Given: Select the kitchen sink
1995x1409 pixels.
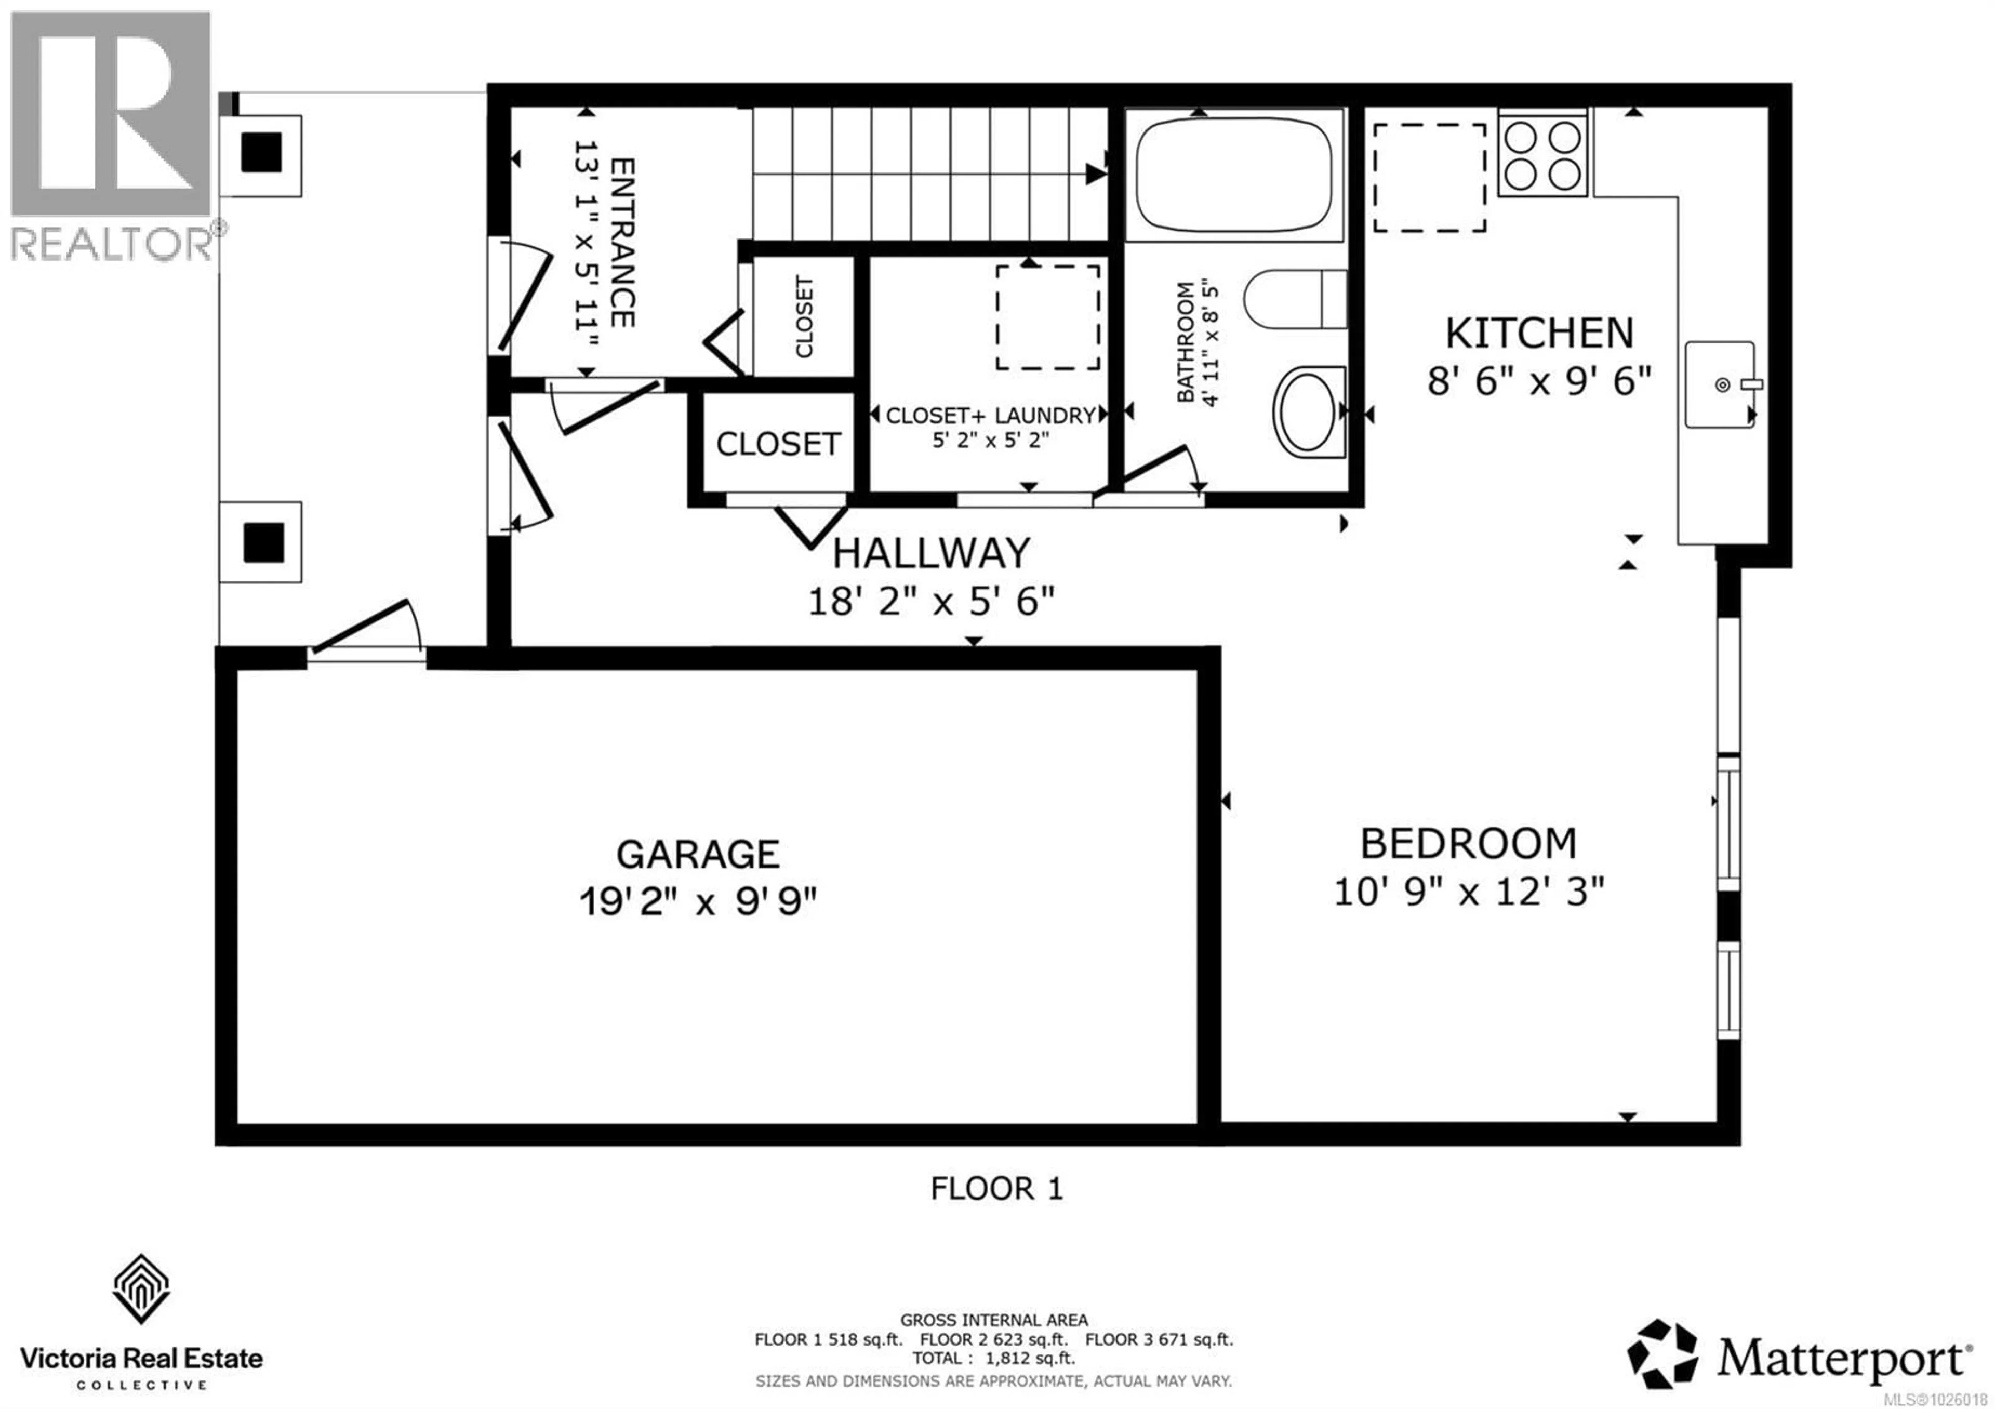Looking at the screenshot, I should click(x=1720, y=384).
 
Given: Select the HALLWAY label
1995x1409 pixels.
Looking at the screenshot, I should click(x=932, y=553).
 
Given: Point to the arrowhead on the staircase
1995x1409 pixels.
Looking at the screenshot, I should click(x=1095, y=174).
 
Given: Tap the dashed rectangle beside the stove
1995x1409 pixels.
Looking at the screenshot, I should click(x=1429, y=177).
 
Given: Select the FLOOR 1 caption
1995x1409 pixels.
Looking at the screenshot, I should click(x=996, y=1188).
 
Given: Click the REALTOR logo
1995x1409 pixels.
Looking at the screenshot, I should click(x=111, y=135).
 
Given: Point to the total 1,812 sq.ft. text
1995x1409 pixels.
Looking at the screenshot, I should click(x=993, y=1358).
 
